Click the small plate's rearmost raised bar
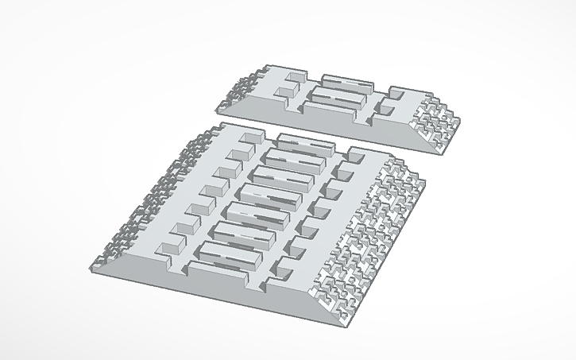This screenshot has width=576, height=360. tap(346, 82)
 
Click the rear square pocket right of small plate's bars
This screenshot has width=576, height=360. tap(394, 93)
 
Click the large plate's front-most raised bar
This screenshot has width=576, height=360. tap(229, 254)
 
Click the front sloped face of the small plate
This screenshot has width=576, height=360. tap(318, 119)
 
